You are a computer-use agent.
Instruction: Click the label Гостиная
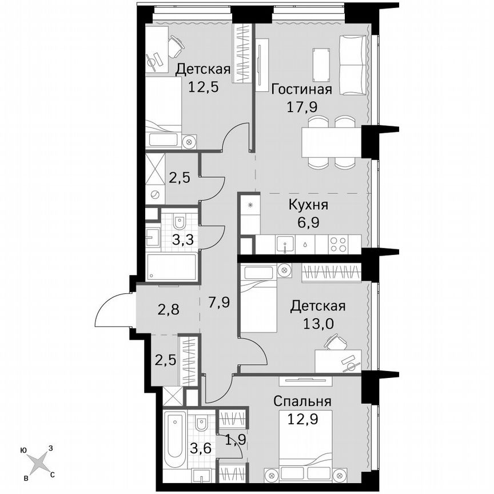(x=301, y=90)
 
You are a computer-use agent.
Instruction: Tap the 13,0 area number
(x=317, y=322)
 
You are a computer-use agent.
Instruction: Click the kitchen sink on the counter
(x=285, y=244)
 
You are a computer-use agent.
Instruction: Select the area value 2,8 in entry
(x=169, y=310)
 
